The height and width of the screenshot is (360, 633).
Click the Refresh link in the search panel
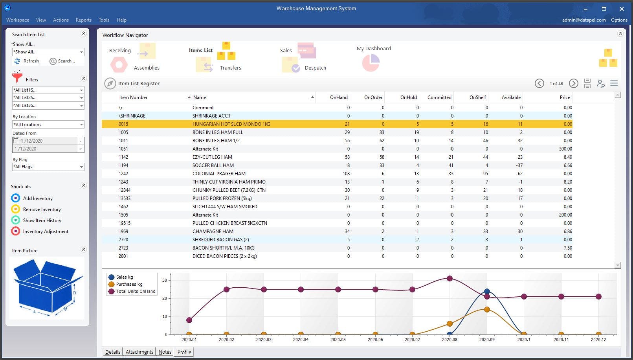coord(31,61)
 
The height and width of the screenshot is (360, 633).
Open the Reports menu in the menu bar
coord(83,20)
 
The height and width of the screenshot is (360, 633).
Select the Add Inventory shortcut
coord(38,198)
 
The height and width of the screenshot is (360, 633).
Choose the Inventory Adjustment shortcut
coord(46,231)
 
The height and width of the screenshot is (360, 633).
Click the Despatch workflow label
coord(315,68)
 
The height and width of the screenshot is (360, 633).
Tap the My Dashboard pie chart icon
coord(371,63)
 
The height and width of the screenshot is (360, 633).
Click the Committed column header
coord(439,97)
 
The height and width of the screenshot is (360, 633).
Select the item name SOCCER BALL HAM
coord(213,165)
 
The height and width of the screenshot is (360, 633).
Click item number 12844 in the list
coord(125,190)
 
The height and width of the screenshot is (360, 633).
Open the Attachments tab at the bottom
coord(139,352)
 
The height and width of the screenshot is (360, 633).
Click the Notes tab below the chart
coord(165,352)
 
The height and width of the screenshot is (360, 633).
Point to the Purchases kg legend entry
coord(129,284)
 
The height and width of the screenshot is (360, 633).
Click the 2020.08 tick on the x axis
coord(450,340)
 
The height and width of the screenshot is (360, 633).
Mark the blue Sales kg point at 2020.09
coord(487,292)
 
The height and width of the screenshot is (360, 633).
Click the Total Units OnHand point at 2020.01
coord(189,320)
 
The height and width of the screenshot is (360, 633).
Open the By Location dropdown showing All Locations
coord(48,125)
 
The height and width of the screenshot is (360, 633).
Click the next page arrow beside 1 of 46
coord(574,83)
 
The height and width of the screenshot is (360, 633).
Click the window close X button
coord(622,9)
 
